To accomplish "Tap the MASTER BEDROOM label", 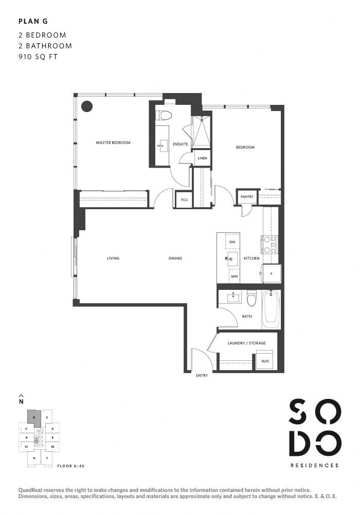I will (x=113, y=142).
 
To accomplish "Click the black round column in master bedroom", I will (x=87, y=106).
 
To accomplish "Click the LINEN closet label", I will (x=202, y=158).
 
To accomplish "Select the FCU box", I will (x=183, y=199).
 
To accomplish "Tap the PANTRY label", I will (x=246, y=196).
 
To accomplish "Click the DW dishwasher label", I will (x=232, y=242).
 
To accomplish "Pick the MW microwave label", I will (x=234, y=277).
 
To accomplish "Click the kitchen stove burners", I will (x=269, y=245).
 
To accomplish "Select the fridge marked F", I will (x=271, y=273).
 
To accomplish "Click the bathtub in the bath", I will (x=271, y=310).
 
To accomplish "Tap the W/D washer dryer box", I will (x=265, y=360).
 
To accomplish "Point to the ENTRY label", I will (x=202, y=376).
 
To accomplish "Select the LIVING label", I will (x=113, y=259).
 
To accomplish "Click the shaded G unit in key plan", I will (x=34, y=417).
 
